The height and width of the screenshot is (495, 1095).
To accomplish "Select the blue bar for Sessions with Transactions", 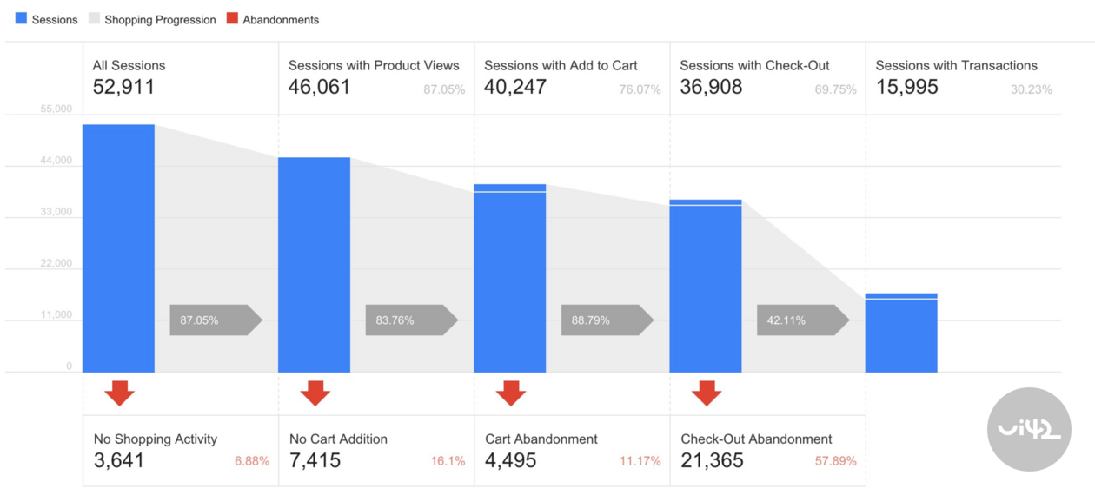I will (901, 333).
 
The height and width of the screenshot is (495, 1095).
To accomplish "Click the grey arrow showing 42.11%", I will (801, 320).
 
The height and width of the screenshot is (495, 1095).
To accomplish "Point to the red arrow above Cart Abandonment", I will (511, 393).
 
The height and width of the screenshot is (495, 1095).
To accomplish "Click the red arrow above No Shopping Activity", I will (120, 393).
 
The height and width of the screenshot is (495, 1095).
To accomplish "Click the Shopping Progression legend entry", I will (152, 19).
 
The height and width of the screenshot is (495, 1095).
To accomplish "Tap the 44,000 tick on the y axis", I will (56, 161).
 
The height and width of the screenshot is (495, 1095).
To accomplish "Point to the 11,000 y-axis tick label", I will (56, 314).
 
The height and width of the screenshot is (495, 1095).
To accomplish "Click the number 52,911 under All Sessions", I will (123, 87).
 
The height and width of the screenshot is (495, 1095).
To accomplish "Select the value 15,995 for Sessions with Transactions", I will (906, 87).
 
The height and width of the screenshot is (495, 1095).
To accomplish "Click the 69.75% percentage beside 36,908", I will (835, 89).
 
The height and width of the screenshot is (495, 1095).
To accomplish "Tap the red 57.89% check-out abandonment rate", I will (835, 461).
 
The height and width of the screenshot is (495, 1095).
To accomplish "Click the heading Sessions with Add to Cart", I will (561, 65).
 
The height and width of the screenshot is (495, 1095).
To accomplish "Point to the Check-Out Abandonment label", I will (756, 439).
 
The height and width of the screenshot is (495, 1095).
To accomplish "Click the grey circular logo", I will (1029, 429).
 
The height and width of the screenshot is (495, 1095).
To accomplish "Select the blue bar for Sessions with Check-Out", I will (706, 287).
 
